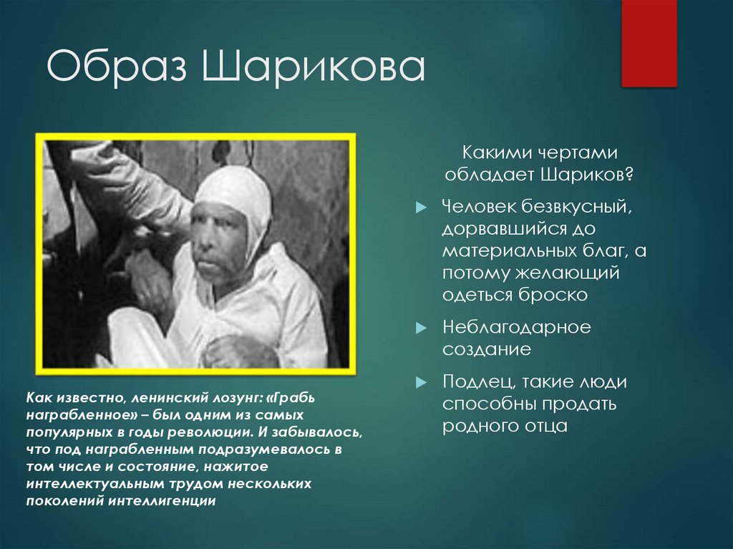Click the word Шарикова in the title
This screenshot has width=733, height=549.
pos(313,69)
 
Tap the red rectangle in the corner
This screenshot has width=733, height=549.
pos(649,43)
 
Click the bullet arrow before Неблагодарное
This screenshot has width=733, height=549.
pos(420,328)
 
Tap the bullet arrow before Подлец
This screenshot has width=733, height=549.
pos(420,382)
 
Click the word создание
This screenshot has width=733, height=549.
pos(486,349)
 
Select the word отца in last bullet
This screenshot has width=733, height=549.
pos(543,426)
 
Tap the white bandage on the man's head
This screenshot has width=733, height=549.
pos(236,190)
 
